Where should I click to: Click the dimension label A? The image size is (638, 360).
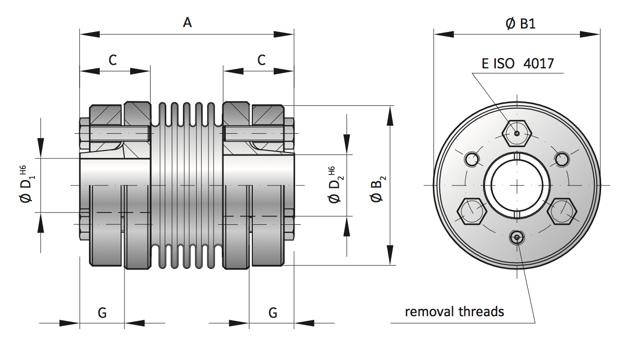coord(187,23)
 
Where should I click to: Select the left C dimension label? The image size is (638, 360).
coord(113,60)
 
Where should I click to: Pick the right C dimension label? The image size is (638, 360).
coord(262,60)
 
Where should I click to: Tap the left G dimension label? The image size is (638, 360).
coord(102,312)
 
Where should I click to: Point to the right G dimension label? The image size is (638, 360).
coord(273,312)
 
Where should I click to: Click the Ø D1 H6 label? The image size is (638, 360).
coord(27,185)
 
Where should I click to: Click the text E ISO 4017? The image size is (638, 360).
coord(517,63)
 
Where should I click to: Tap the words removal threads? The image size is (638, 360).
coord(455,311)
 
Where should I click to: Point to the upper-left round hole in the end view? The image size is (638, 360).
coord(472,159)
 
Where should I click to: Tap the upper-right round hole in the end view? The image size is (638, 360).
coord(562,159)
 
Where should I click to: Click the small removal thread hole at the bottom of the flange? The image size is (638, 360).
coord(516,238)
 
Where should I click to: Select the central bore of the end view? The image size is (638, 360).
coord(516,185)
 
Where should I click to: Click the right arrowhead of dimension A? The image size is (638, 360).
coord(284,34)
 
